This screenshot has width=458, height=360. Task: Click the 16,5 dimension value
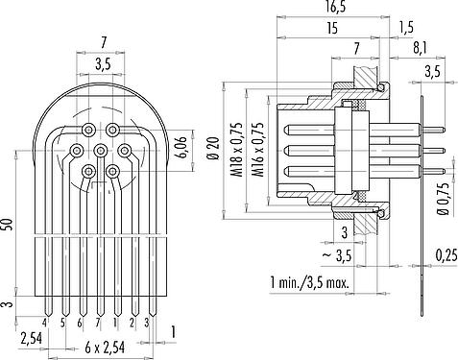333,7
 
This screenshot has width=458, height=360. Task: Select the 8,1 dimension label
421,48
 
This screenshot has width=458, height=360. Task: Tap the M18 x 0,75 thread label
237,150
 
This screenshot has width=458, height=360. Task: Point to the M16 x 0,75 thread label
258,150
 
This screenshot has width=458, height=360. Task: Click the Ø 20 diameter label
213,148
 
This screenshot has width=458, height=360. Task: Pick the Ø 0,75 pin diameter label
445,200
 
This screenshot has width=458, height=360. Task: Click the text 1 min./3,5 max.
309,283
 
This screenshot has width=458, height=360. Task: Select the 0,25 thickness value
446,255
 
